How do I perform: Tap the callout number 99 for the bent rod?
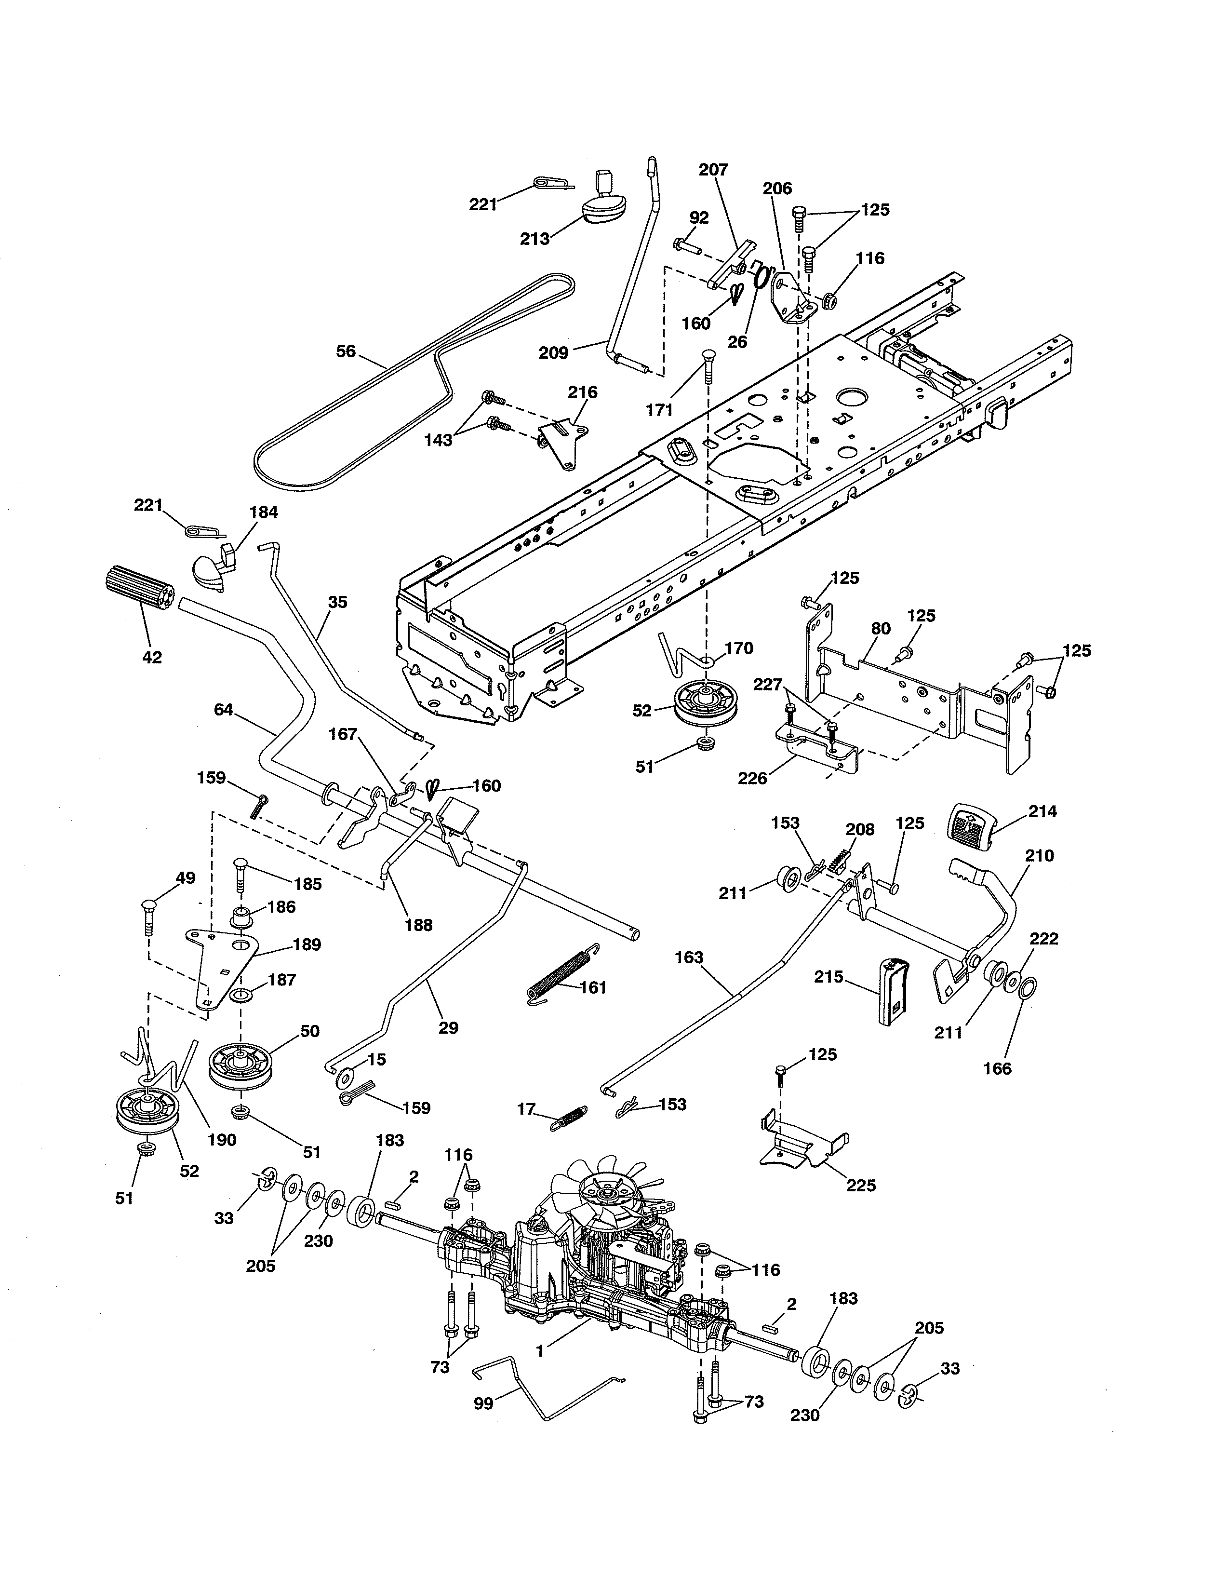[x=483, y=1402]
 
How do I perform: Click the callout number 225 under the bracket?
[x=861, y=1185]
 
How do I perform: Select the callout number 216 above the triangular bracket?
[x=583, y=392]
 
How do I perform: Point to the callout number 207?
[x=713, y=170]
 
